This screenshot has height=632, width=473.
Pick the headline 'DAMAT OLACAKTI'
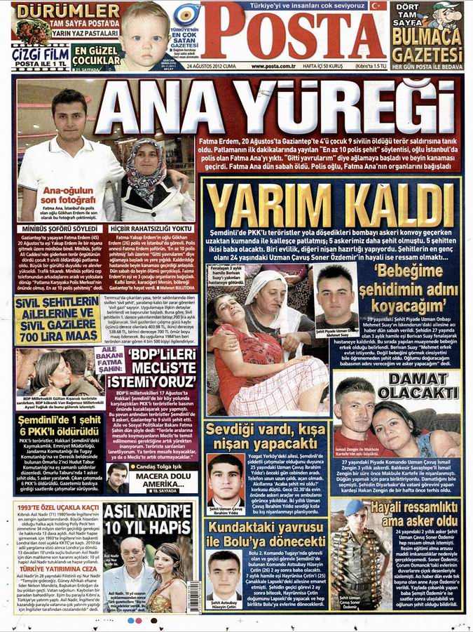(417, 384)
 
